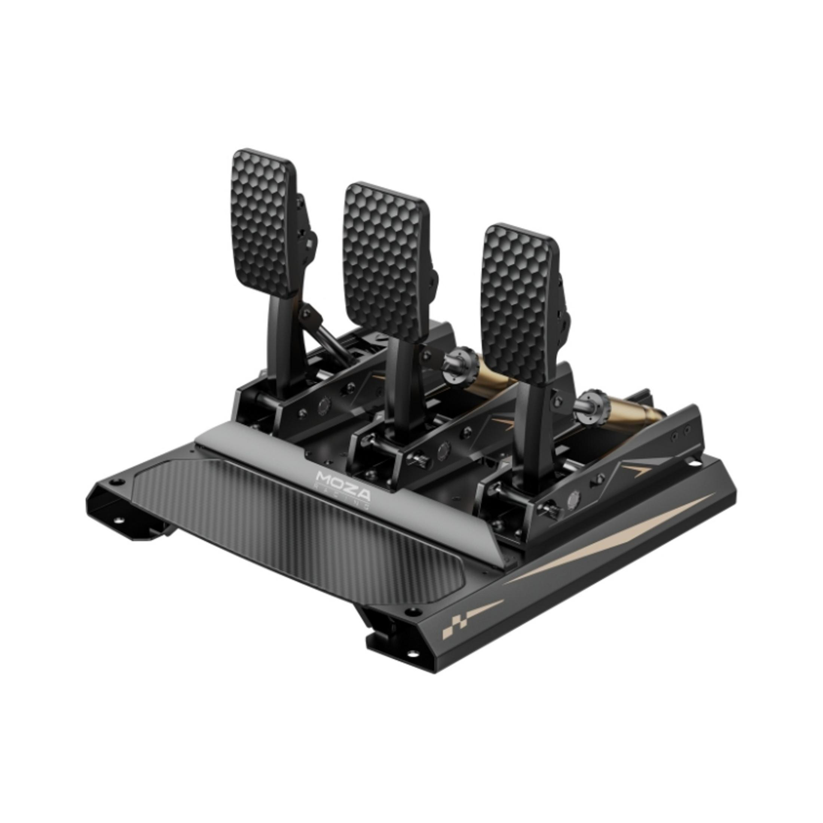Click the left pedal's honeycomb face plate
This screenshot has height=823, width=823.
[264, 222]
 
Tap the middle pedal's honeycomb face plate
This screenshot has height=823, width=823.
[386, 261]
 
